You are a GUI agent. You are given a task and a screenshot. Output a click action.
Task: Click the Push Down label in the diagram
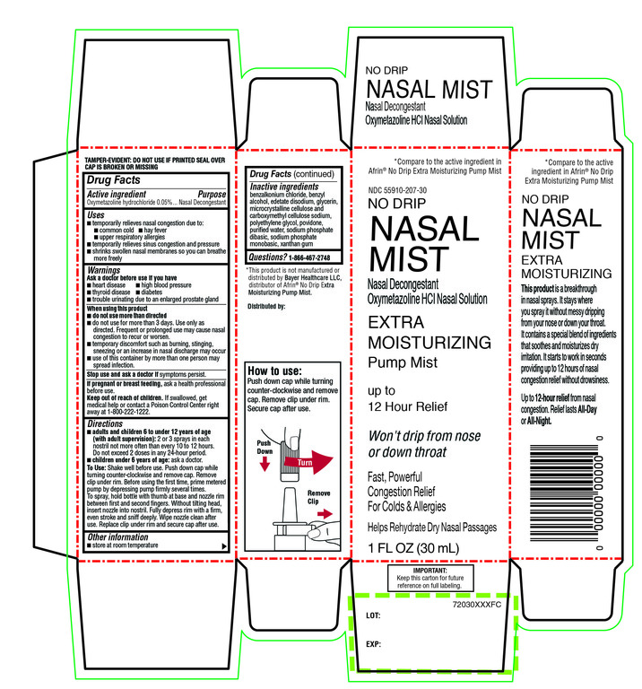(264, 448)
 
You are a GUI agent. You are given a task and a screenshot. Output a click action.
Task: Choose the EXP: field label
(375, 644)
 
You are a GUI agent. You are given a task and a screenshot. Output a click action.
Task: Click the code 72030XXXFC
(481, 606)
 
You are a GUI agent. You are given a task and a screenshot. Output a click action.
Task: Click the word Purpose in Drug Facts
(212, 194)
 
